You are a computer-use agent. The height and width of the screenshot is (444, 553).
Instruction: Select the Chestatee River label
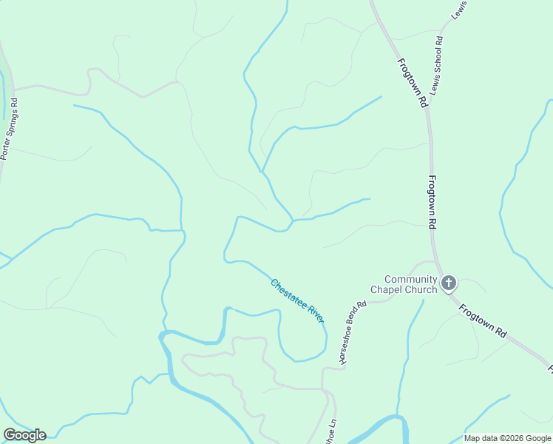point(297,300)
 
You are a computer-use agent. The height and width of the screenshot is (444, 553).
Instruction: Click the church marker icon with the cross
point(449,283)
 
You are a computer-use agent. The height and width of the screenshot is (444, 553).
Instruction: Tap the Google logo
point(24,435)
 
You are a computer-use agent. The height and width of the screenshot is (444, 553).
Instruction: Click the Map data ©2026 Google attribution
point(506,438)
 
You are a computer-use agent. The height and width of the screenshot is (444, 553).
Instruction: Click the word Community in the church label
point(410,280)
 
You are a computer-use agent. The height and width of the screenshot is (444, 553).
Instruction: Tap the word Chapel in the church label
point(386,290)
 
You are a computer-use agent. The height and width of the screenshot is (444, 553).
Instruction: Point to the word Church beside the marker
point(421,290)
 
